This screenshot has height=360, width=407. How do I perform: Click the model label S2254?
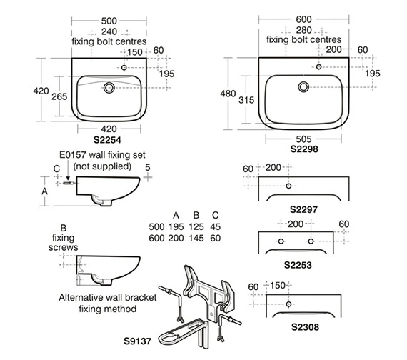107,140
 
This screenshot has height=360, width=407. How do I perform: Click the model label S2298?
304,149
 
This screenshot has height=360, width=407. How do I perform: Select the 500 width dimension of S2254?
109,21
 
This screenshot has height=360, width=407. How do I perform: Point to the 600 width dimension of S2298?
303,19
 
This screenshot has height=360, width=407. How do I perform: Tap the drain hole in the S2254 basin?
109,88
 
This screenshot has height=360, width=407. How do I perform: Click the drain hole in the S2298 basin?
303,86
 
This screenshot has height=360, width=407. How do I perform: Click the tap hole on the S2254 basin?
124,68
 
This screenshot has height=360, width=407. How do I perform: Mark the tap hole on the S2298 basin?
318,66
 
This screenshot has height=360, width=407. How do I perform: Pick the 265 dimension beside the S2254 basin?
59,96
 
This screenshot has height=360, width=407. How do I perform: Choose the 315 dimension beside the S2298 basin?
246,100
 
